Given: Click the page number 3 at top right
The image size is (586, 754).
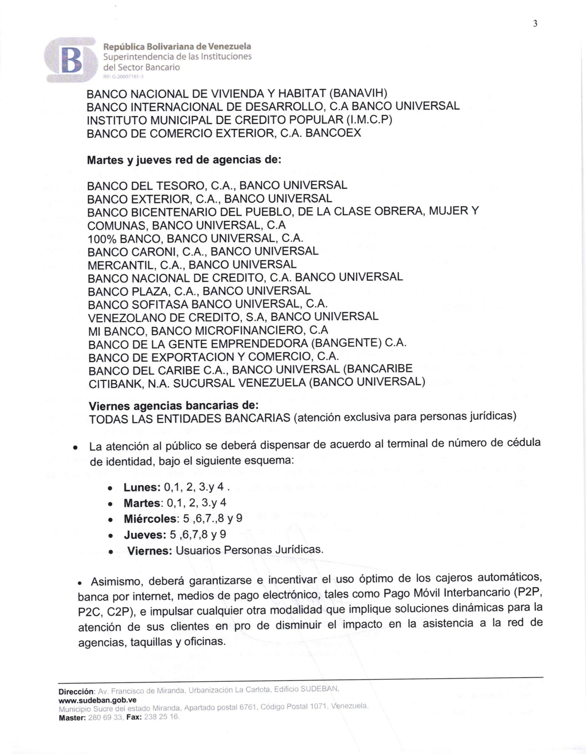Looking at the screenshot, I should [535, 24].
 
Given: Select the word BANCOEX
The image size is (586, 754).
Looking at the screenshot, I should [333, 133].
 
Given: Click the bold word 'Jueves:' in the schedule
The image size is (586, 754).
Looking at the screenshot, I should [145, 535].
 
